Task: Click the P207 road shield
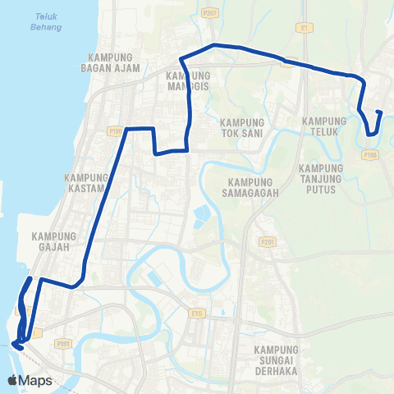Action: pyautogui.click(x=208, y=15)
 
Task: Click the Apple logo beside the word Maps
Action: pyautogui.click(x=14, y=380)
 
